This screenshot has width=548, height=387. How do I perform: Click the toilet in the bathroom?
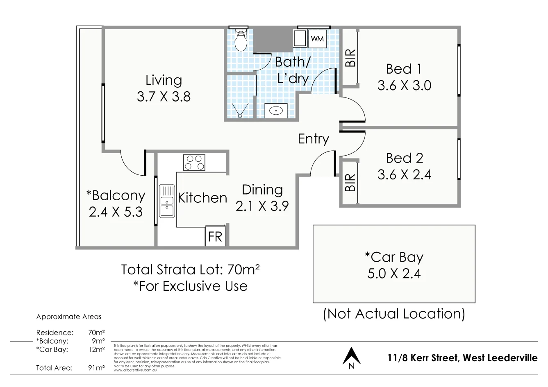(x=241, y=40)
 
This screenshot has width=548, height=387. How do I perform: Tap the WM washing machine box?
(x=317, y=39)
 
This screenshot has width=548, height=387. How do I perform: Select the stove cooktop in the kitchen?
(x=194, y=162)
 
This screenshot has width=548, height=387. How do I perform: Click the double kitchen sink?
(x=166, y=201)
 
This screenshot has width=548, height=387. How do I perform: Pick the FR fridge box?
(x=215, y=236)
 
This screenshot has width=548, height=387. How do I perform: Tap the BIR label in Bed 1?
(x=350, y=58)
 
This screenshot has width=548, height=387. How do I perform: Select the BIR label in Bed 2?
(x=350, y=183)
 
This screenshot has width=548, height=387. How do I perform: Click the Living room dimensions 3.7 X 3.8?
(x=164, y=97)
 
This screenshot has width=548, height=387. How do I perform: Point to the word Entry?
(x=313, y=139)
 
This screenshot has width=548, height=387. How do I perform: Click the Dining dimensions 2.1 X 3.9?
(x=262, y=206)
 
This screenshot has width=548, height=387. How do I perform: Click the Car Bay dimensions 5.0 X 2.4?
(x=394, y=273)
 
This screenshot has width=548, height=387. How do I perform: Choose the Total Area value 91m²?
(x=96, y=368)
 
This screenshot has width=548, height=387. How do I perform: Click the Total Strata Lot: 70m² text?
(x=191, y=269)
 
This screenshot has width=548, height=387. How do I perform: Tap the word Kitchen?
(x=202, y=198)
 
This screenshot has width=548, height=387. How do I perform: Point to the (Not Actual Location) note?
(x=394, y=314)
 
